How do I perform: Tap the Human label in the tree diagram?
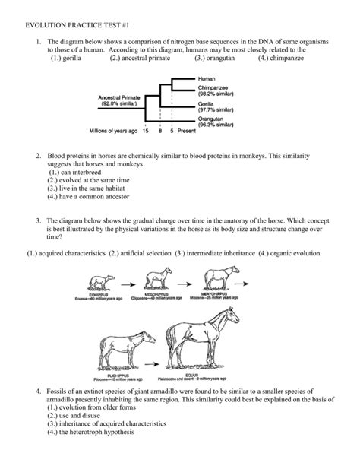[x=207, y=78]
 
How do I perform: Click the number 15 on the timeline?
[x=145, y=131]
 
